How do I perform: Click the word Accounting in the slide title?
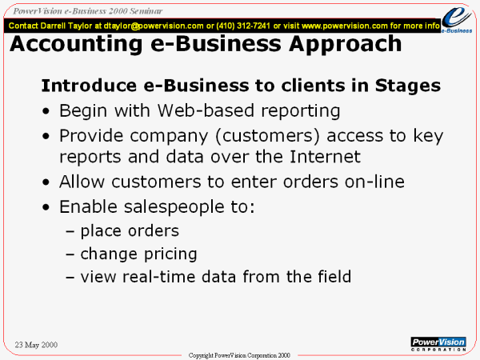pyautogui.click(x=76, y=44)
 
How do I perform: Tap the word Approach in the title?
pyautogui.click(x=345, y=45)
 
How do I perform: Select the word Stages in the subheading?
pyautogui.click(x=408, y=86)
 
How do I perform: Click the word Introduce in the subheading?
pyautogui.click(x=89, y=86)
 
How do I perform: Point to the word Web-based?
pyautogui.click(x=206, y=110)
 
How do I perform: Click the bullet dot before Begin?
pyautogui.click(x=46, y=111)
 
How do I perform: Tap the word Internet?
pyautogui.click(x=325, y=157)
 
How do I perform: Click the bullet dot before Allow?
pyautogui.click(x=46, y=182)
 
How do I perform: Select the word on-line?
pyautogui.click(x=374, y=182)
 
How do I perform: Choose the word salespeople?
pyautogui.click(x=174, y=207)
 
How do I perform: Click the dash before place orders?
pyautogui.click(x=70, y=232)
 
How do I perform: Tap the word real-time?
pyautogui.click(x=159, y=277)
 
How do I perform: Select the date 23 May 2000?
pyautogui.click(x=36, y=345)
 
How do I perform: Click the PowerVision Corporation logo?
pyautogui.click(x=438, y=344)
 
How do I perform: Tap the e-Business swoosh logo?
pyautogui.click(x=457, y=19)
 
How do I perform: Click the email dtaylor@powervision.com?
pyautogui.click(x=154, y=26)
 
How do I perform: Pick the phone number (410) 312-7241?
pyautogui.click(x=243, y=26)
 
